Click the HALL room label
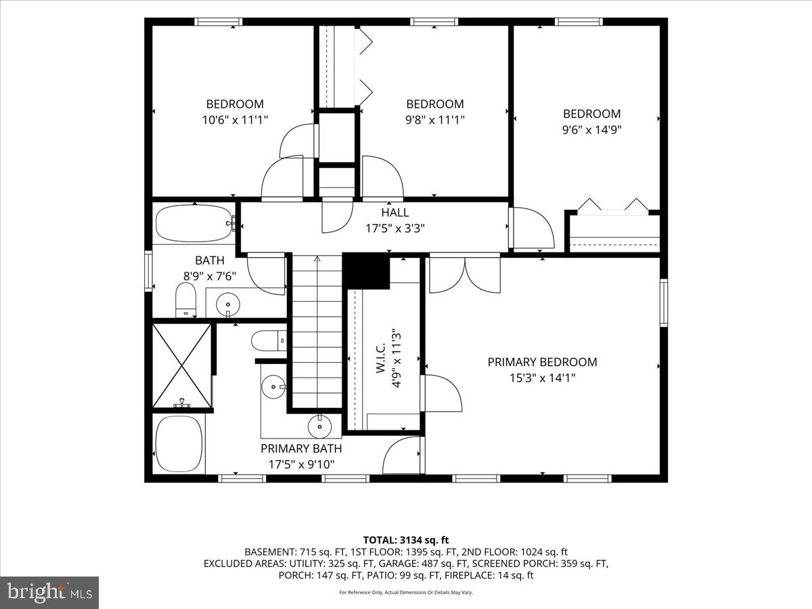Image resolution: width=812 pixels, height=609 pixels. (x=395, y=212)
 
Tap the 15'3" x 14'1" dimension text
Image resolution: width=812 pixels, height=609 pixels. (x=542, y=378)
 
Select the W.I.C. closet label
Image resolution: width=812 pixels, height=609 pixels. (x=382, y=357)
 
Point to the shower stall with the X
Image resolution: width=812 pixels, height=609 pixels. (x=181, y=365)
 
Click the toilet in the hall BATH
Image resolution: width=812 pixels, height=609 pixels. (x=185, y=300)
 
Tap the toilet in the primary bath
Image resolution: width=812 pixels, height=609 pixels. (x=269, y=340)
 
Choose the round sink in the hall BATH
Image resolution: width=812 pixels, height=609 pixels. (x=227, y=304)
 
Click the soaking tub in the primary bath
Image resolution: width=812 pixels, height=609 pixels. (x=179, y=444)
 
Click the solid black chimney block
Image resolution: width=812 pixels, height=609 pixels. (x=366, y=271)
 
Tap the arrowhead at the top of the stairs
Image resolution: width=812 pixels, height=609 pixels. (x=317, y=258)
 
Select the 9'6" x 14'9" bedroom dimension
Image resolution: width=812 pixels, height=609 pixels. (x=591, y=130)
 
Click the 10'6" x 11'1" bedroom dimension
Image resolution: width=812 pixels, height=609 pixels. (x=235, y=120)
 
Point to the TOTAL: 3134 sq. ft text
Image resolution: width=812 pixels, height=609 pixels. (x=406, y=540)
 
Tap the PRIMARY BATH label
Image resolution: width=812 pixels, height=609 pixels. (x=301, y=449)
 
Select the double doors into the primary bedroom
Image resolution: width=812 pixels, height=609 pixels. (x=465, y=273)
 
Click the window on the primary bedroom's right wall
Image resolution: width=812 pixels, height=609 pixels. (x=664, y=303)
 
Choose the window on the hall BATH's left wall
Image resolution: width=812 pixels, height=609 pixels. (x=148, y=271)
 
